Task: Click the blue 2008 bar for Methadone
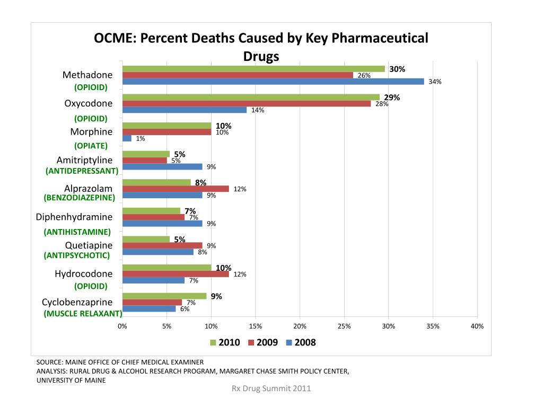(273, 82)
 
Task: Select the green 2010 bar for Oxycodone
(251, 97)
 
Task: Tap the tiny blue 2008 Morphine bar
(127, 138)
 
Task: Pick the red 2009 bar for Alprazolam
(176, 189)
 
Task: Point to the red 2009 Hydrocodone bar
(176, 274)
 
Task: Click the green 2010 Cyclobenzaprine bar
(164, 296)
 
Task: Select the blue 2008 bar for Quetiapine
(157, 252)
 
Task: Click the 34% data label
(435, 82)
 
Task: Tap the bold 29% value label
(392, 98)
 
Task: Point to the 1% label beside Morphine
(141, 139)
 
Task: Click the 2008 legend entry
(301, 342)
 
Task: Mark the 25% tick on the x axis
(344, 326)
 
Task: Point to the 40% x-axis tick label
(477, 326)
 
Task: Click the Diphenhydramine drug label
(74, 217)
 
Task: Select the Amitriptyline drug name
(84, 160)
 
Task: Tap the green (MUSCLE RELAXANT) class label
(83, 313)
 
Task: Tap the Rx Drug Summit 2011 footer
(271, 388)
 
